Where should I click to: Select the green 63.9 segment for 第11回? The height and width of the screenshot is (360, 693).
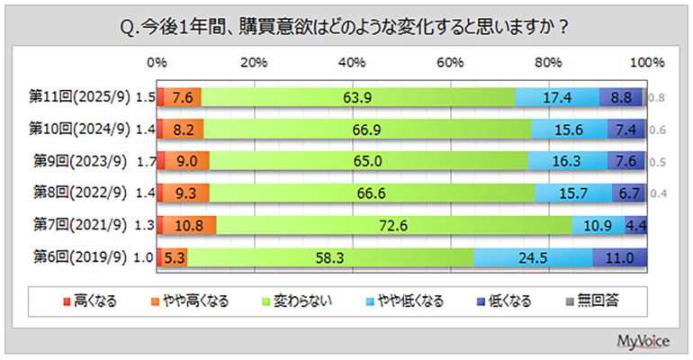pyautogui.click(x=357, y=97)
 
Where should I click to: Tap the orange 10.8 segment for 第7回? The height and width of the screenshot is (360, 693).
pyautogui.click(x=190, y=225)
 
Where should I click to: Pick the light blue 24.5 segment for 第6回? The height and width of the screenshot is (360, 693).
pyautogui.click(x=532, y=257)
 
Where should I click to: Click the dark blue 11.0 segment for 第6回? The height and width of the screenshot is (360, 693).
pyautogui.click(x=618, y=257)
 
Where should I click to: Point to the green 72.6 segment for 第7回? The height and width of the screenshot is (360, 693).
pyautogui.click(x=393, y=225)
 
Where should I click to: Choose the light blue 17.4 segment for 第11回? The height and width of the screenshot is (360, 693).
pyautogui.click(x=557, y=97)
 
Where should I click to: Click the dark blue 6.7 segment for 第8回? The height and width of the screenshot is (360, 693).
pyautogui.click(x=627, y=193)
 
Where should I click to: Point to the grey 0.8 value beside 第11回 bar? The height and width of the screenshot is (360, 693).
pyautogui.click(x=657, y=97)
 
